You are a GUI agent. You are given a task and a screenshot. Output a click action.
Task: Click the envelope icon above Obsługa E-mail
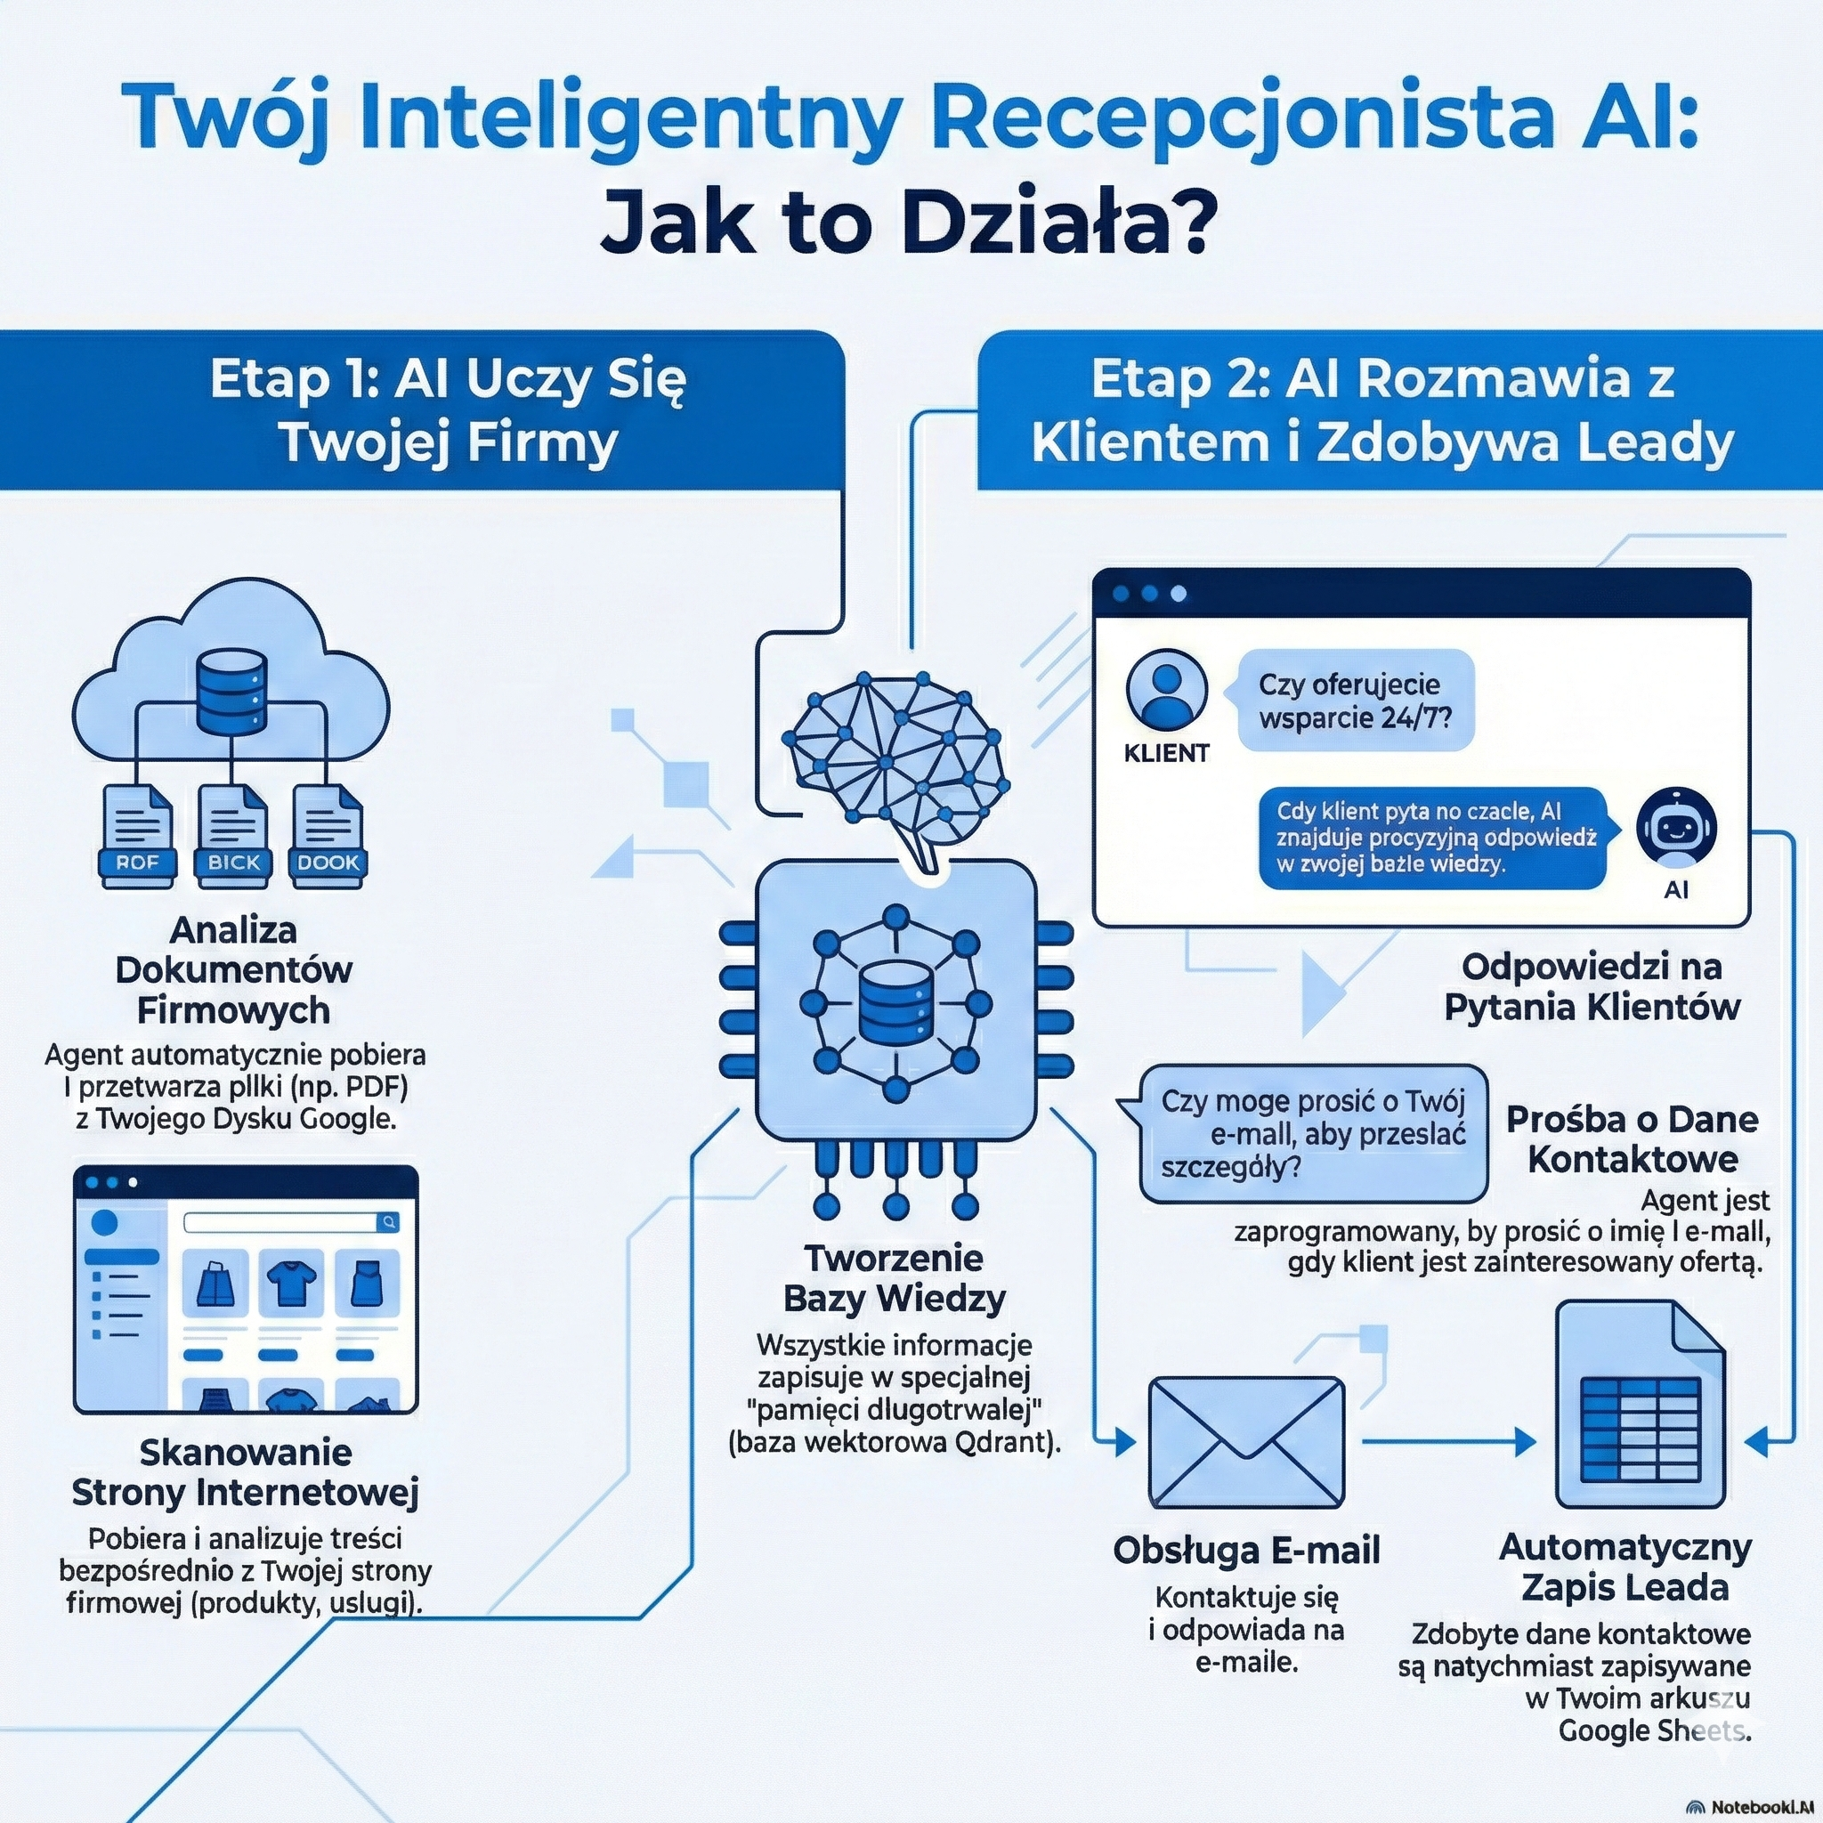tap(1245, 1443)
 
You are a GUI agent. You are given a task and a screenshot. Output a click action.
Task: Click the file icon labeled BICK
tap(233, 836)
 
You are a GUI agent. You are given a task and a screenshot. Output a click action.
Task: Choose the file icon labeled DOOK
tap(328, 836)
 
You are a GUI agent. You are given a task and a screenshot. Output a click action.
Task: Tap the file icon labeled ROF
tap(138, 836)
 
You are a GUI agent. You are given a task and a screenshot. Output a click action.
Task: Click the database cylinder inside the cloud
tap(231, 694)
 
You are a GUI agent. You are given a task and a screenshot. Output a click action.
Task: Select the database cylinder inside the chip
tap(895, 1001)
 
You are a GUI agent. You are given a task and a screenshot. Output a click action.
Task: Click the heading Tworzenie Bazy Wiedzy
tap(894, 1277)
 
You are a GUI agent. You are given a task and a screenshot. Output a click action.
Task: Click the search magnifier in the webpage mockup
tap(388, 1222)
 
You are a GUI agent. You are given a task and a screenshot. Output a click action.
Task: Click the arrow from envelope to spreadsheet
tap(1447, 1441)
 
